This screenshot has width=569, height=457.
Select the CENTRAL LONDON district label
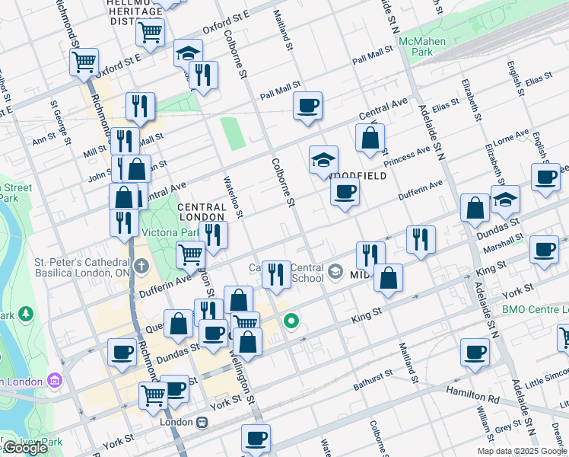tap(202, 211)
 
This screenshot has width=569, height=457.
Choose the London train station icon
tap(202, 422)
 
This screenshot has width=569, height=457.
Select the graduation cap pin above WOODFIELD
tap(323, 161)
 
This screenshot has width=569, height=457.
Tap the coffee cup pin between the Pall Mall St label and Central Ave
tap(307, 107)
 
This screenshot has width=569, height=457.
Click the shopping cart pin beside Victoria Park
tap(189, 255)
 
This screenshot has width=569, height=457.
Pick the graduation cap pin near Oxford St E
tap(187, 54)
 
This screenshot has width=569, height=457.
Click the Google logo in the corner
tap(25, 448)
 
